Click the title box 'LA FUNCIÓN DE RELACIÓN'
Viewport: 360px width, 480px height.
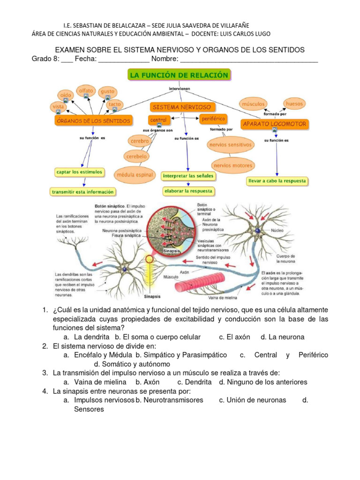click(x=180, y=75)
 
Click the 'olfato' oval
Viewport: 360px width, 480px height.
click(x=86, y=90)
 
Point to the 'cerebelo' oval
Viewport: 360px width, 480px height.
click(x=136, y=156)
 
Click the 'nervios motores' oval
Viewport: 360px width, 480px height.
click(x=233, y=165)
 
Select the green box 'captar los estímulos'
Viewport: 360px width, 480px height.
click(x=79, y=172)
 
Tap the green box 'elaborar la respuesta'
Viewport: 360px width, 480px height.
click(x=187, y=191)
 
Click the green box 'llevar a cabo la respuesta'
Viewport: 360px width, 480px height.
click(x=277, y=180)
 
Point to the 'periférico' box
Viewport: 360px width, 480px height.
click(x=213, y=119)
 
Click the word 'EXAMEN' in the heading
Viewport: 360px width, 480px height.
click(x=71, y=50)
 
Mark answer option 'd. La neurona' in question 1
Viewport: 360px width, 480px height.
click(x=282, y=337)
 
